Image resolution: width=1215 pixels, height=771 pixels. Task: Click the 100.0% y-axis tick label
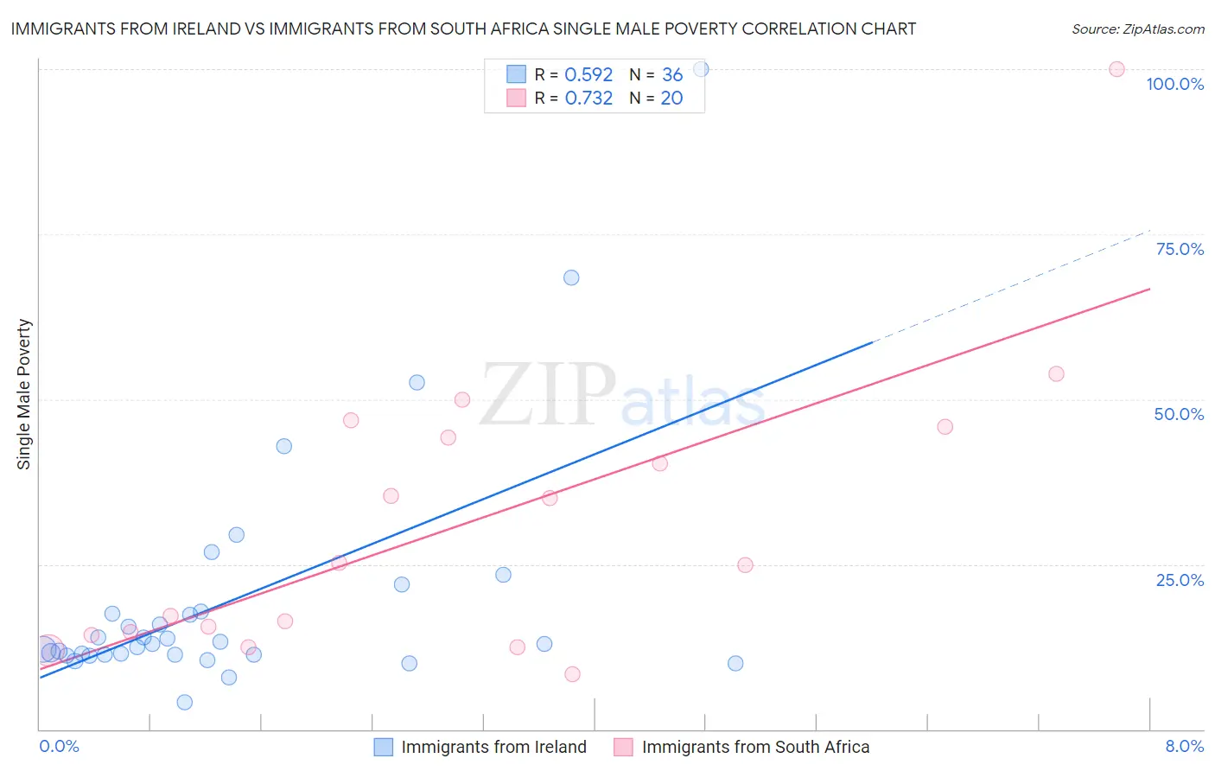1174,84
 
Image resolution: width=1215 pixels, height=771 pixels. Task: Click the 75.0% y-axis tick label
1180,249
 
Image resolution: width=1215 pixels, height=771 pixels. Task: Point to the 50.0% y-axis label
1179,414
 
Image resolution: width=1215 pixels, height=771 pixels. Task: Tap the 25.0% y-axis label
1180,579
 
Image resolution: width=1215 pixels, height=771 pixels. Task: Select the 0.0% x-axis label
60,746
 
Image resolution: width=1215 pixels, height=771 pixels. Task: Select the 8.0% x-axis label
1184,746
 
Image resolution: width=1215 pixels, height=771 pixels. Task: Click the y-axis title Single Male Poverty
24,394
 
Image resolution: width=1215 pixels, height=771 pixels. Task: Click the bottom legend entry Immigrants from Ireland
493,747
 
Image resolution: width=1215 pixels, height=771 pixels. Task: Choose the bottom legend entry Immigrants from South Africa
754,747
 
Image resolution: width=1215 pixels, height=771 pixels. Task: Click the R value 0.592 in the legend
588,74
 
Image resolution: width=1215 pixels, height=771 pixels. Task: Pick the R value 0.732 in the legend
588,98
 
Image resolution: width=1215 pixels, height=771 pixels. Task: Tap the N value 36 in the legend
672,74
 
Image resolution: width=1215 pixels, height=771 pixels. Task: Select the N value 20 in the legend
671,98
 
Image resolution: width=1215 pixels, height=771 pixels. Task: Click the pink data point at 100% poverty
1116,69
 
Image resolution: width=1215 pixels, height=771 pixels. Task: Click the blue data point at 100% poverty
701,69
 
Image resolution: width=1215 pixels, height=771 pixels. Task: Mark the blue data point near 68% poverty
571,277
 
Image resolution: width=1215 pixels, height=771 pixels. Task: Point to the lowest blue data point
184,702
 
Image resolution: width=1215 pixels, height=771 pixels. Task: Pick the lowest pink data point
572,674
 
